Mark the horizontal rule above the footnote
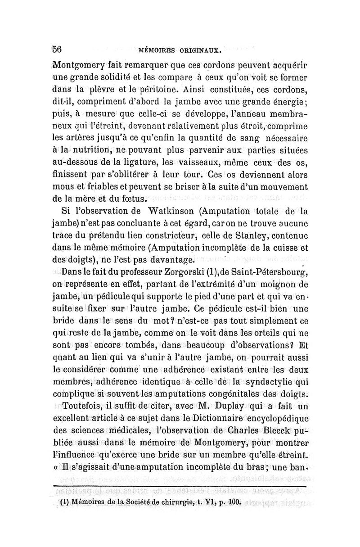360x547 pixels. click(x=180, y=486)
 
